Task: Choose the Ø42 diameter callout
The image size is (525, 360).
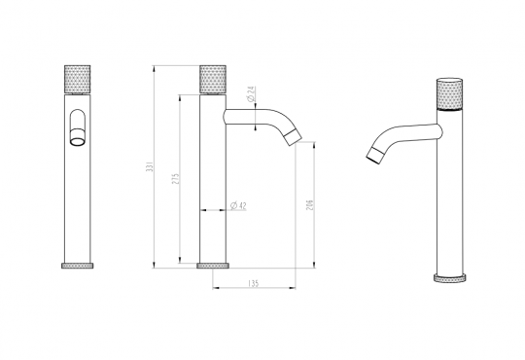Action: [237, 205]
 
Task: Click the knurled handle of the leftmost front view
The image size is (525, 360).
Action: [77, 78]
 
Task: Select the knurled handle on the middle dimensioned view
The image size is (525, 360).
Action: [213, 78]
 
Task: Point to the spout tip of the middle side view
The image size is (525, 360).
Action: [292, 140]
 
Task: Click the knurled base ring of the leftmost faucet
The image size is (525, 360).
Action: [77, 266]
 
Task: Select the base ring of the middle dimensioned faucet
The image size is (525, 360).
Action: [213, 266]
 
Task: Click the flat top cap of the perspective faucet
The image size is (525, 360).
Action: [448, 76]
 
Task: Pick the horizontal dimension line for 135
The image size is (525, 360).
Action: [253, 289]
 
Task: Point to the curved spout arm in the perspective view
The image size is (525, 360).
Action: [403, 134]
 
